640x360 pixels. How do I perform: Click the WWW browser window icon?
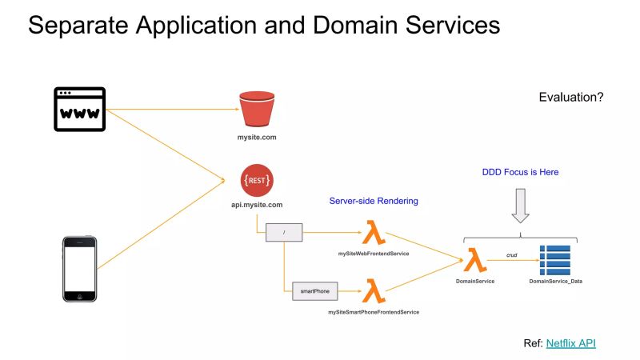(80, 109)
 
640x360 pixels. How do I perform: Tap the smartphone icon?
(80, 269)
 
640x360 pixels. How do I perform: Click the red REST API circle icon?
(256, 180)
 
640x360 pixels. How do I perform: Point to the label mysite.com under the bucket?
(256, 138)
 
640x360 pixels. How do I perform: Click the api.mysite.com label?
(256, 205)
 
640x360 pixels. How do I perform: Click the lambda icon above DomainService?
(475, 260)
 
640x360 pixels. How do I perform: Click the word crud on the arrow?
(512, 255)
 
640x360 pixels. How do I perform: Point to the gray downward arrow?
(520, 205)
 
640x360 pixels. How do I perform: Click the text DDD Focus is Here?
(520, 172)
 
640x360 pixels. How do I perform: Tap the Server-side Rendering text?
(373, 201)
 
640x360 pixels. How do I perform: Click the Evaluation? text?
(570, 97)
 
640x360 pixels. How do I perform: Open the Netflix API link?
(570, 343)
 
